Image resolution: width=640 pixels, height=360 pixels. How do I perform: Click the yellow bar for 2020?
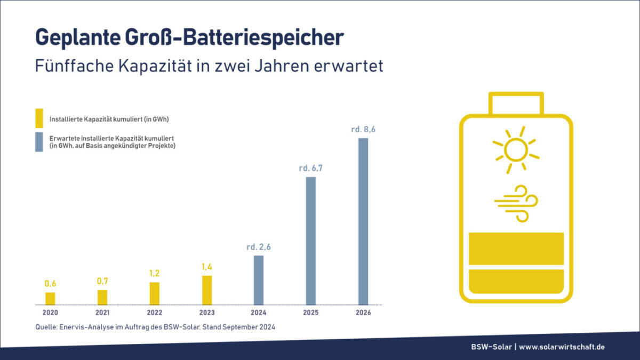[x=50, y=299]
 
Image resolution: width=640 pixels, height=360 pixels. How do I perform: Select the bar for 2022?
[x=155, y=293]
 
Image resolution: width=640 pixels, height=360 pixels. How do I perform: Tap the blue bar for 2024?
[x=259, y=280]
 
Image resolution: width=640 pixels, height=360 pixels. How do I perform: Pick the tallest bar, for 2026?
[x=363, y=221]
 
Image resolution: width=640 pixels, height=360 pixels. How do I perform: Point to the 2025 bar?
[x=311, y=241]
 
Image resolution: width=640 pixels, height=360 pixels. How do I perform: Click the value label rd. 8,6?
[x=363, y=129]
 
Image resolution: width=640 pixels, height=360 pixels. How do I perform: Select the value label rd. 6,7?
[x=311, y=168]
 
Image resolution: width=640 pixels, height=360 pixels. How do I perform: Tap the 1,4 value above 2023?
[x=206, y=266]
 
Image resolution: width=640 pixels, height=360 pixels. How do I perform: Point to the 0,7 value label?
[x=102, y=281]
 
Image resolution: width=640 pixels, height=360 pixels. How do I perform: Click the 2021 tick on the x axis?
[x=102, y=313]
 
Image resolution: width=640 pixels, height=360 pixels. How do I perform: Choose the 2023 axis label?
[x=206, y=313]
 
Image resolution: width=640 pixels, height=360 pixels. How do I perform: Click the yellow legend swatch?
[x=39, y=118]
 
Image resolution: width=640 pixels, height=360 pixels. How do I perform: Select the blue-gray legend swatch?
[x=39, y=142]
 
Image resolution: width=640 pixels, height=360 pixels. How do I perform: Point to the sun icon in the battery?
[x=516, y=150]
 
